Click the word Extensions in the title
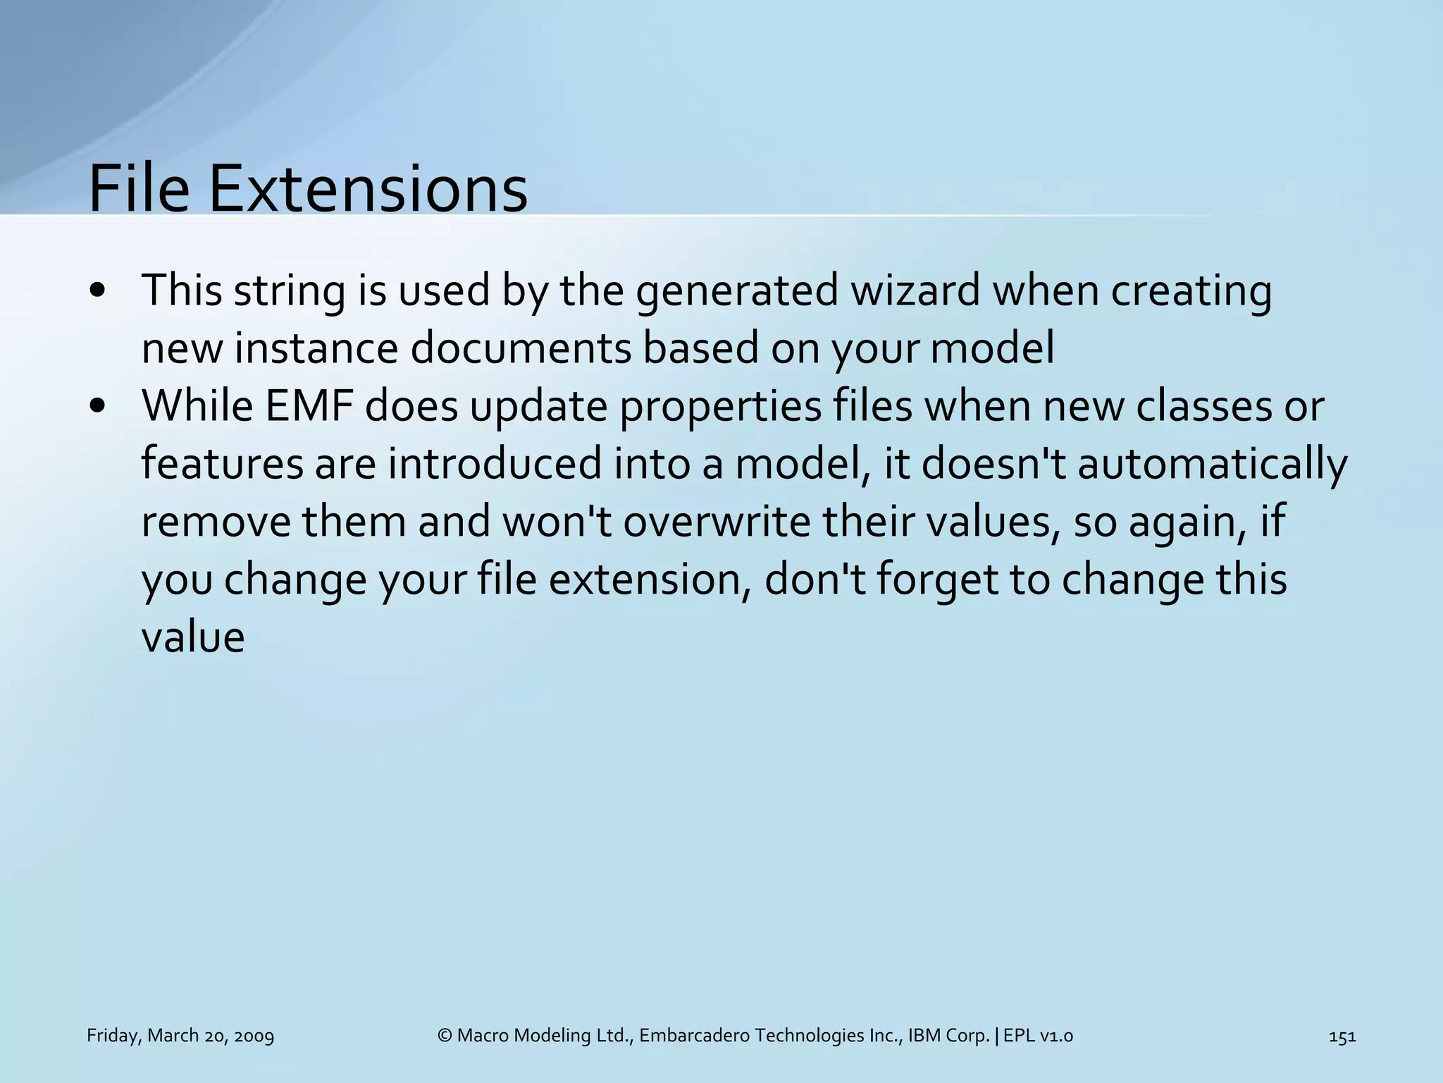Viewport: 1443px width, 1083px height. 368,188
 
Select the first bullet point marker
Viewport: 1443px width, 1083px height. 98,291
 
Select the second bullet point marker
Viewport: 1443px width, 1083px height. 98,407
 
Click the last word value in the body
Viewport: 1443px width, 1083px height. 192,638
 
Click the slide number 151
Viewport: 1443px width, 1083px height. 1342,1036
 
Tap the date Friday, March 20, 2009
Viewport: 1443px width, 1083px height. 180,1036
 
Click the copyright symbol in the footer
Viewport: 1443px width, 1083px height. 444,1036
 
